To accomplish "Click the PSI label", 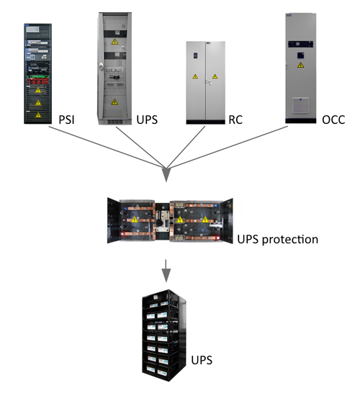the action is pyautogui.click(x=66, y=120).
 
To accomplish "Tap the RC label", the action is pyautogui.click(x=235, y=120).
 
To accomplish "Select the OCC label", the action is pyautogui.click(x=333, y=120).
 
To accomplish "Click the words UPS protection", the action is pyautogui.click(x=278, y=240).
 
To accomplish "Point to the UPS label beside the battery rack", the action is pyautogui.click(x=202, y=360).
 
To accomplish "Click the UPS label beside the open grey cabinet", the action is pyautogui.click(x=147, y=120).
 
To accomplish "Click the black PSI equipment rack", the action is pyautogui.click(x=38, y=73).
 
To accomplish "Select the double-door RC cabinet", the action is pyautogui.click(x=206, y=83).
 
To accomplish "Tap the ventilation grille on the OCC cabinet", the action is pyautogui.click(x=300, y=105).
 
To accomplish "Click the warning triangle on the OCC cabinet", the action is pyautogui.click(x=301, y=65).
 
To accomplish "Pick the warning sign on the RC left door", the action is pyautogui.click(x=195, y=76).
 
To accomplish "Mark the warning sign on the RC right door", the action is pyautogui.click(x=215, y=76).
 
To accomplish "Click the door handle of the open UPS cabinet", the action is pyautogui.click(x=102, y=67).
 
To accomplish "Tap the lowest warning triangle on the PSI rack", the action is pyautogui.click(x=38, y=114).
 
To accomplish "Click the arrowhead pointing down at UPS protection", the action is pyautogui.click(x=166, y=174).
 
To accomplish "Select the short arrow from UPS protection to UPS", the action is pyautogui.click(x=166, y=271).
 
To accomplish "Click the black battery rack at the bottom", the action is pyautogui.click(x=164, y=335).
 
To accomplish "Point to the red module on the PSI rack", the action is pyautogui.click(x=38, y=81).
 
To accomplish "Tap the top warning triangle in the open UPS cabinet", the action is pyautogui.click(x=114, y=42).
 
